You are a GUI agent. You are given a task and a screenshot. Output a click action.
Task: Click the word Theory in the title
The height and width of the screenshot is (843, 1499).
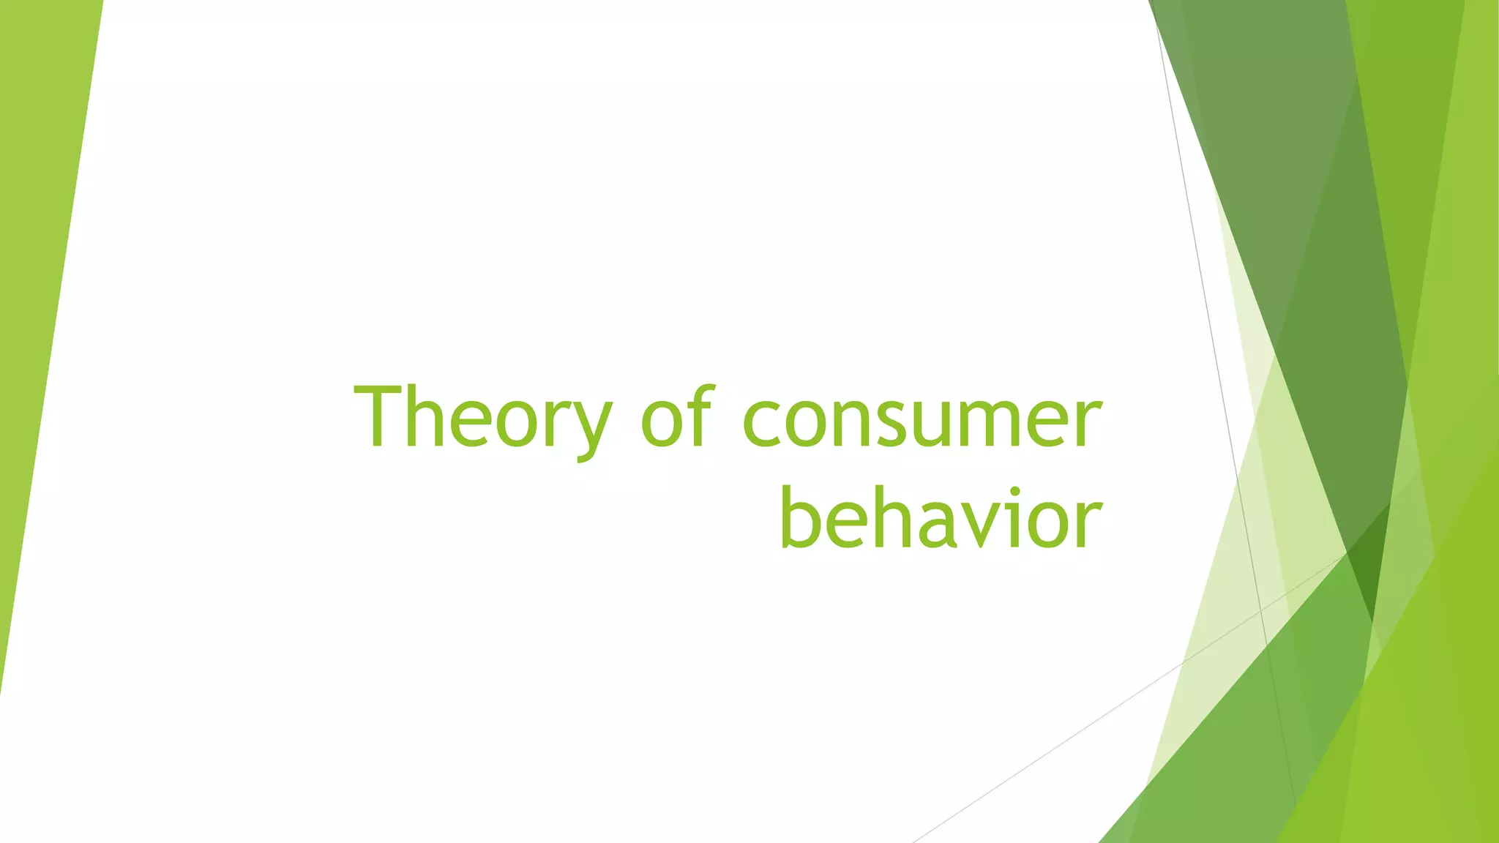482,419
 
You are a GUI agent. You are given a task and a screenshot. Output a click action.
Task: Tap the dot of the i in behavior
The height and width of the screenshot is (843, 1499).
1015,490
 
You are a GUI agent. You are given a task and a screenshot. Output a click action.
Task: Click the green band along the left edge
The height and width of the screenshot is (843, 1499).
37,293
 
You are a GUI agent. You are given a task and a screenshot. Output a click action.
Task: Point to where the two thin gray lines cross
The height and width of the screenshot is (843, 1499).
1261,608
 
